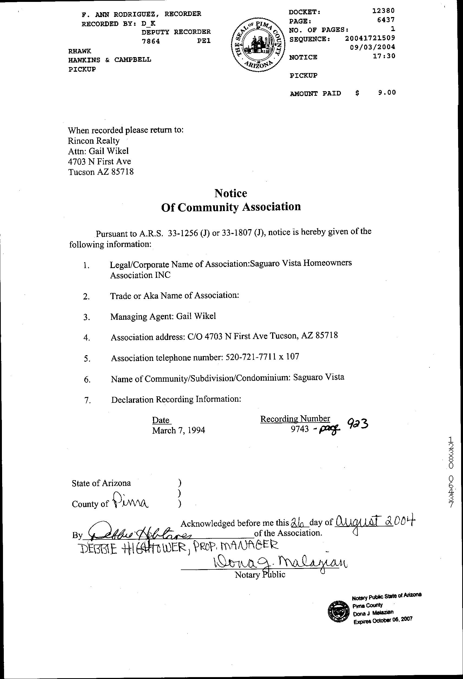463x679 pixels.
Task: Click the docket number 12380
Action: [x=383, y=11]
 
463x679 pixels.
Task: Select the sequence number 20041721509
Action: [x=370, y=38]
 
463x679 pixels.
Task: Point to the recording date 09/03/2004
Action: [x=372, y=47]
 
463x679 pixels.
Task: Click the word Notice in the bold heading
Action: [x=230, y=193]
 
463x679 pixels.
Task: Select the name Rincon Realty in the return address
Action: [x=94, y=141]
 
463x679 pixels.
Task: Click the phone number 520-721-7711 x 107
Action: [x=263, y=357]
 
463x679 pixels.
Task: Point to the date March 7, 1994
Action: [x=178, y=430]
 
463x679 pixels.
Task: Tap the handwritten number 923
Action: [x=357, y=424]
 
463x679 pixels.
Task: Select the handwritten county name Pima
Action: [x=131, y=500]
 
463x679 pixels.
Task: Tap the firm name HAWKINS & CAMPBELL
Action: [x=110, y=60]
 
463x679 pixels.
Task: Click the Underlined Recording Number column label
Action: [x=295, y=419]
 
